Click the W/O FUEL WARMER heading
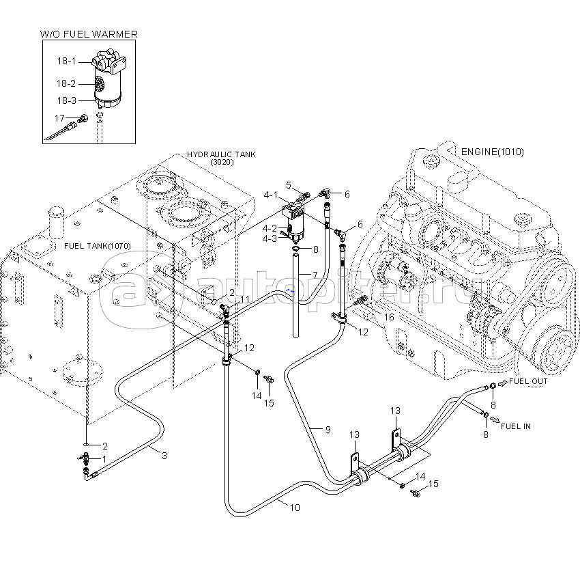pyautogui.click(x=89, y=34)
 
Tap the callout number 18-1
pyautogui.click(x=66, y=61)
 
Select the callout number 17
pyautogui.click(x=59, y=118)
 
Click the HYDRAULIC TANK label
pyautogui.click(x=221, y=154)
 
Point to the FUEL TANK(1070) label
pyautogui.click(x=98, y=246)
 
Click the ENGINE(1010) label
pyautogui.click(x=493, y=152)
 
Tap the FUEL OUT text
pyautogui.click(x=528, y=381)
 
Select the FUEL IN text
pyautogui.click(x=516, y=426)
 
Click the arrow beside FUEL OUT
pyautogui.click(x=503, y=384)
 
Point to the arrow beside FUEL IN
pyautogui.click(x=495, y=419)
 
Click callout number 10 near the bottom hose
pyautogui.click(x=295, y=508)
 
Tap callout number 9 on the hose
pyautogui.click(x=328, y=430)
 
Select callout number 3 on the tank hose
pyautogui.click(x=164, y=456)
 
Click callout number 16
pyautogui.click(x=389, y=317)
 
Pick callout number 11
pyautogui.click(x=244, y=299)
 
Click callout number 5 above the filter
pyautogui.click(x=289, y=185)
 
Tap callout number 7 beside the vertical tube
pyautogui.click(x=315, y=275)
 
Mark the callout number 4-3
pyautogui.click(x=270, y=238)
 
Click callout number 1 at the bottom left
pyautogui.click(x=104, y=459)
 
